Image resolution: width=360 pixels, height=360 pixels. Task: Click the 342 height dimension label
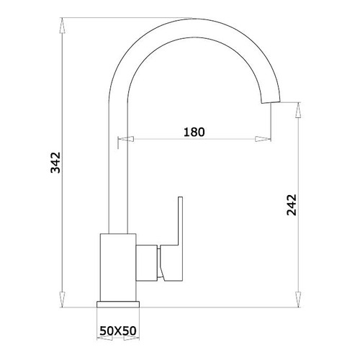coord(55,163)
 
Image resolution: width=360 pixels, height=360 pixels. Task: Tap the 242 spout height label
coord(292,204)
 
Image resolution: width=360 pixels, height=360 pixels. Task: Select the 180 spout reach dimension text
coord(194,132)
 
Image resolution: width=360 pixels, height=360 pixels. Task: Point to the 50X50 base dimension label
coord(118,331)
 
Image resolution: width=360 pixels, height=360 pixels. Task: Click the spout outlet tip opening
coord(271,102)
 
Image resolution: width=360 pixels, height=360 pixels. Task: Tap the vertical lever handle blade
coord(180,221)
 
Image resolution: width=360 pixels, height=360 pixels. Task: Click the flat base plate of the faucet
coord(118,304)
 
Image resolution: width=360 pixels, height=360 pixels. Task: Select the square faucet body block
coord(118,267)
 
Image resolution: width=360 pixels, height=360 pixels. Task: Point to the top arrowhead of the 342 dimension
coord(62,26)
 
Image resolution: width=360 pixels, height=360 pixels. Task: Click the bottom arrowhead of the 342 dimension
coord(62,300)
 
